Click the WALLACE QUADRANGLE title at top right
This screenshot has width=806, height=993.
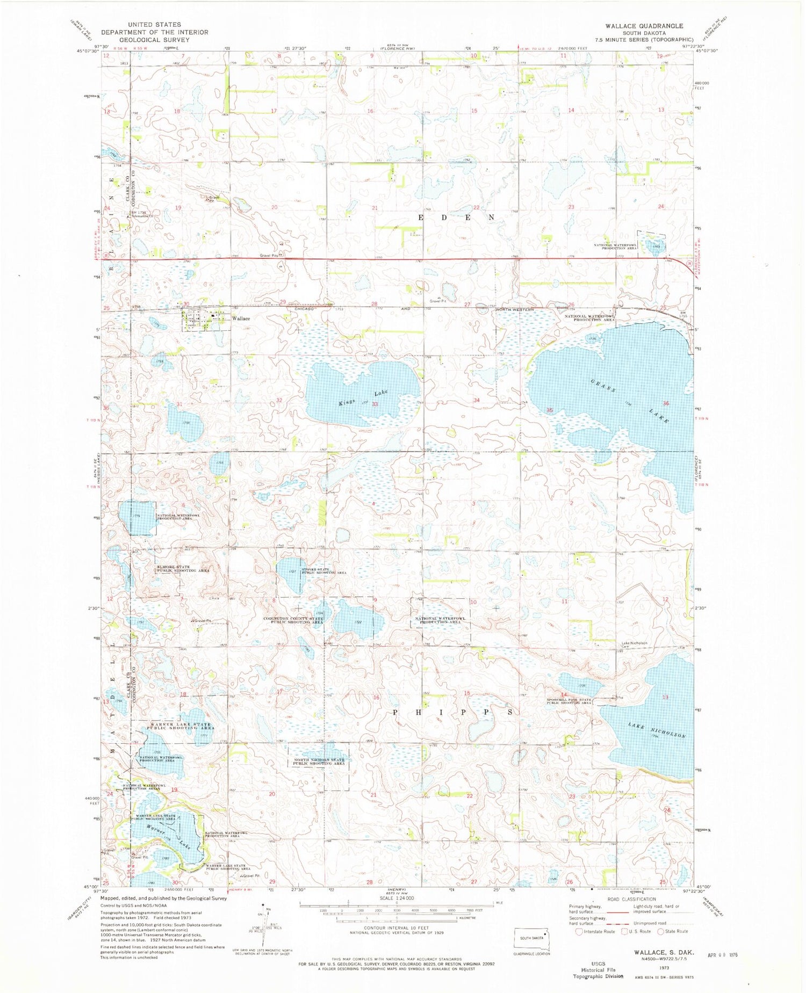tap(637, 26)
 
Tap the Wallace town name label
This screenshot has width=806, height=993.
tap(241, 318)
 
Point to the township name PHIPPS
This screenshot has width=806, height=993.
tap(455, 712)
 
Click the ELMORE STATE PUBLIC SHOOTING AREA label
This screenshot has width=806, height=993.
tap(182, 569)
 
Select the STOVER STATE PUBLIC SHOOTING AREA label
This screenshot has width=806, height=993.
tap(323, 571)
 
